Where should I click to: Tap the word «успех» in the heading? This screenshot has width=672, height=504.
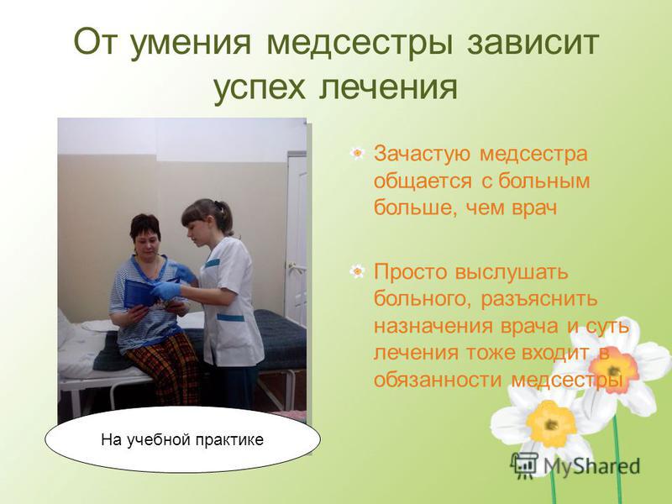pyautogui.click(x=260, y=89)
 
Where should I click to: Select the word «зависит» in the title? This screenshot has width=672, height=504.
pyautogui.click(x=533, y=41)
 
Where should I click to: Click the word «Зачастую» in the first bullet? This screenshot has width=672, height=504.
pyautogui.click(x=422, y=154)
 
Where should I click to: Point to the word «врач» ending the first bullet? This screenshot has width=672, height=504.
pyautogui.click(x=534, y=208)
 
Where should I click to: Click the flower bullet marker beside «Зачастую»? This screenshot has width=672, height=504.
pyautogui.click(x=357, y=153)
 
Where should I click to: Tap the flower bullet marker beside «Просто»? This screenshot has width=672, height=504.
pyautogui.click(x=357, y=270)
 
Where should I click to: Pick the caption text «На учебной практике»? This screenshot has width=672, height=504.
pyautogui.click(x=182, y=439)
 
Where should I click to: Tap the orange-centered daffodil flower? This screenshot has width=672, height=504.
pyautogui.click(x=613, y=368)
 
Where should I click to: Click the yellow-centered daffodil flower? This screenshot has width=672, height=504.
pyautogui.click(x=550, y=423)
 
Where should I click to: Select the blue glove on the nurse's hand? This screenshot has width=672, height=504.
pyautogui.click(x=165, y=290)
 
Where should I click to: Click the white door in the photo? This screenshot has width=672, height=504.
pyautogui.click(x=297, y=240)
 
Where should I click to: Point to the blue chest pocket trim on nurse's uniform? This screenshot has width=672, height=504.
pyautogui.click(x=213, y=263)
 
